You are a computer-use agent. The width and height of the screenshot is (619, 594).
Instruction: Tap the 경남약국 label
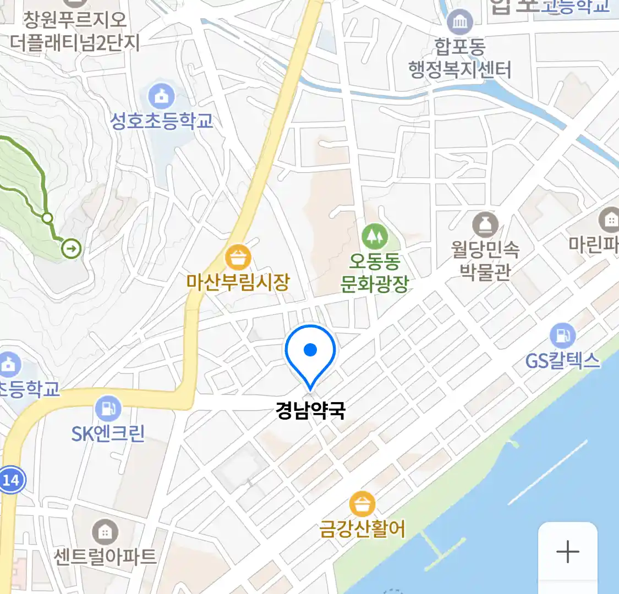click(310, 410)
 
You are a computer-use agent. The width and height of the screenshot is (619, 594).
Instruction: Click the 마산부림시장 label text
click(238, 282)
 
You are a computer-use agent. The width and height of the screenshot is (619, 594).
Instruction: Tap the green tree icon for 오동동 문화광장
click(375, 237)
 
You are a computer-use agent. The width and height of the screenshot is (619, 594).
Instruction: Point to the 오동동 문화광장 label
click(375, 273)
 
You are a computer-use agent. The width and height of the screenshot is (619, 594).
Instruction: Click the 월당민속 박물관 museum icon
click(485, 225)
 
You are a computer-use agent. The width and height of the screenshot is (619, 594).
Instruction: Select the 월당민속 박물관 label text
click(485, 260)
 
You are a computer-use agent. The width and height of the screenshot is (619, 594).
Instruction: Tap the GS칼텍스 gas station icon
click(562, 335)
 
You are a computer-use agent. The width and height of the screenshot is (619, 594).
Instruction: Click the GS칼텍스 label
click(562, 361)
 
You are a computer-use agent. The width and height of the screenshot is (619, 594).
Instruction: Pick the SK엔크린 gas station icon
click(108, 409)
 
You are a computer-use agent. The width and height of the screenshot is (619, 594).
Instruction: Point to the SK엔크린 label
click(108, 434)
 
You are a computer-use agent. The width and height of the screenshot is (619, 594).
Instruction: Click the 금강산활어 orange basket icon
click(362, 504)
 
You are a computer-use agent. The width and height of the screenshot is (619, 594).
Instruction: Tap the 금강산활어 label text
click(362, 529)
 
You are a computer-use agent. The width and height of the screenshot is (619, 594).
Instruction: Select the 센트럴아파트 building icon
click(105, 532)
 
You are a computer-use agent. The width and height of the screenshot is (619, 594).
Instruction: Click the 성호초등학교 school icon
click(161, 97)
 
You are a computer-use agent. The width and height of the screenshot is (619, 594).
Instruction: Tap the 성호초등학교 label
click(161, 121)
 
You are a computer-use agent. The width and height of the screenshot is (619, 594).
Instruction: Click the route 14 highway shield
click(10, 480)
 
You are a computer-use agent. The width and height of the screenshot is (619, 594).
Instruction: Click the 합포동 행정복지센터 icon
click(459, 22)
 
